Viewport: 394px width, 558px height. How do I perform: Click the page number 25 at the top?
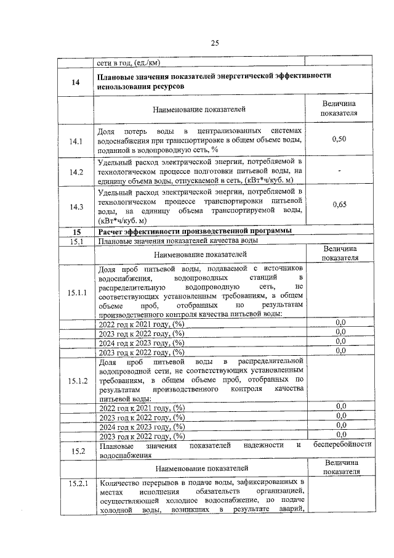[x=215, y=43]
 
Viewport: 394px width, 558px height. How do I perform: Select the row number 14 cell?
[x=76, y=82]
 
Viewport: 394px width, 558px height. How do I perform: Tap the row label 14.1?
[x=76, y=141]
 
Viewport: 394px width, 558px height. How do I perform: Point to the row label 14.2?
[x=76, y=171]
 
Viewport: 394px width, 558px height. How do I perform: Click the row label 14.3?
[x=76, y=207]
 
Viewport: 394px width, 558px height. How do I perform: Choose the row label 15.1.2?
[x=76, y=380]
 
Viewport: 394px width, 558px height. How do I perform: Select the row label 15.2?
[x=76, y=451]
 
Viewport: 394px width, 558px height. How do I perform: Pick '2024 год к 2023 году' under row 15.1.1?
[x=142, y=343]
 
